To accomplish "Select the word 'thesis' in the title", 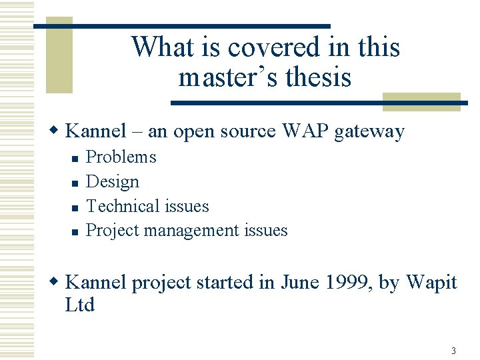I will click(x=318, y=77).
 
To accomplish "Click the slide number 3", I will click(x=453, y=351).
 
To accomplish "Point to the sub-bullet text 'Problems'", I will click(x=121, y=157).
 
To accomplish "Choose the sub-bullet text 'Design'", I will click(x=113, y=182).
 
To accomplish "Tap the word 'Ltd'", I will click(x=80, y=305).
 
